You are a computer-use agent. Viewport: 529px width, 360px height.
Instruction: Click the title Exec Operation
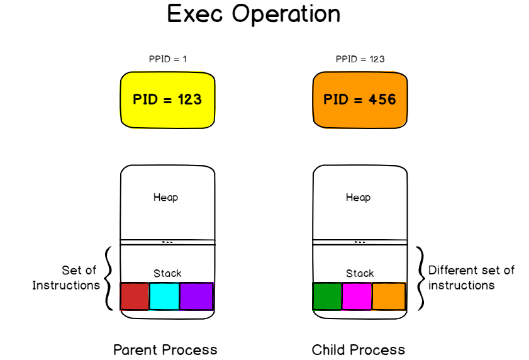tap(253, 14)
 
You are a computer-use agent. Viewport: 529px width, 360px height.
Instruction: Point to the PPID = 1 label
tap(167, 60)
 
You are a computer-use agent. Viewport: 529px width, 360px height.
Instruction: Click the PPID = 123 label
tap(360, 60)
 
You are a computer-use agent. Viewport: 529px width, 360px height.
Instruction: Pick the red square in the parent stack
tap(134, 296)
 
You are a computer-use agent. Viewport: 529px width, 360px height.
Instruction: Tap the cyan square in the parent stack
tap(164, 296)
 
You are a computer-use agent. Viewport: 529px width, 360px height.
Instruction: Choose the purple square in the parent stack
tap(196, 296)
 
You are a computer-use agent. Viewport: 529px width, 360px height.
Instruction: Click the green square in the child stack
tap(326, 296)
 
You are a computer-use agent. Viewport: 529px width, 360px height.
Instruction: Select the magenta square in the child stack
tap(357, 296)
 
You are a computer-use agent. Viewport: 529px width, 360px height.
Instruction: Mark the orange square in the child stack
tap(388, 296)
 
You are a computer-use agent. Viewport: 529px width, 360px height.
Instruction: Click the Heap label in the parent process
tap(166, 198)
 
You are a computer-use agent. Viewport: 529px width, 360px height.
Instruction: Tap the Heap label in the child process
tap(359, 198)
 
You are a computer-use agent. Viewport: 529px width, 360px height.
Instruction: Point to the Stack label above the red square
tap(167, 273)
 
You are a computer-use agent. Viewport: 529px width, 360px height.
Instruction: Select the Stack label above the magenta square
tap(360, 273)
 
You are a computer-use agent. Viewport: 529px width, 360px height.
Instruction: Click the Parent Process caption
tap(165, 350)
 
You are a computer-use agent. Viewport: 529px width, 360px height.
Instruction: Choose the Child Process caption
tap(359, 350)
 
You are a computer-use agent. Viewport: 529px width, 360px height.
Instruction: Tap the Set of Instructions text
tap(67, 278)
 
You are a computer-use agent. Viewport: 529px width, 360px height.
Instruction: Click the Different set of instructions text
tap(471, 278)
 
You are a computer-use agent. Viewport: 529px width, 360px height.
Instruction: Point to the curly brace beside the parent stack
tap(109, 278)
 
